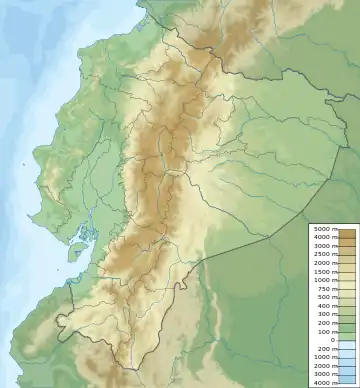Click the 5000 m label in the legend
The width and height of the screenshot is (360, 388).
point(324,230)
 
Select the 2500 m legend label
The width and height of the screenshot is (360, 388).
point(324,254)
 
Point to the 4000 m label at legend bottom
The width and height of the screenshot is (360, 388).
point(324,382)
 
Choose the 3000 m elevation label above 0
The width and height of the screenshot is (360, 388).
point(324,246)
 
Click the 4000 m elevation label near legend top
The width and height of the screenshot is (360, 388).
point(324,238)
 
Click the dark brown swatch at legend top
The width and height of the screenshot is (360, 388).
point(347,231)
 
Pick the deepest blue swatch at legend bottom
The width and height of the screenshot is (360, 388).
point(347,381)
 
